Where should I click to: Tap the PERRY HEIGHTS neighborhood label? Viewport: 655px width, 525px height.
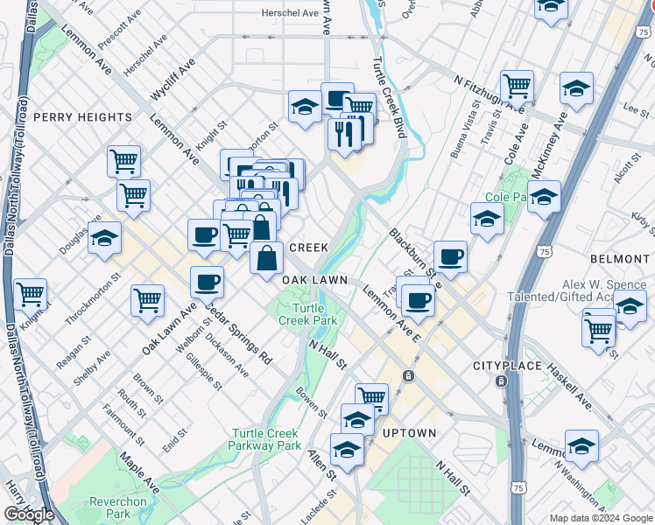coord(82,117)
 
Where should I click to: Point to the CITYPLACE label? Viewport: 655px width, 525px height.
coord(502,365)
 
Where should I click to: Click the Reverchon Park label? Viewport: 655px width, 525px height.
coord(111,507)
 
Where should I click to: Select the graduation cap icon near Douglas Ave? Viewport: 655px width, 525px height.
coord(104,239)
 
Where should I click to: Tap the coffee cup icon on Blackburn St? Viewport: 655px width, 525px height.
coord(450,256)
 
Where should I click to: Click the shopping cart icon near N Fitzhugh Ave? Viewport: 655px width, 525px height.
coord(518,87)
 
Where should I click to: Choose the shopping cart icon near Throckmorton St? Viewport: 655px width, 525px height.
coord(147,300)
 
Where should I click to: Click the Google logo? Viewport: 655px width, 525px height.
coord(29,514)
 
